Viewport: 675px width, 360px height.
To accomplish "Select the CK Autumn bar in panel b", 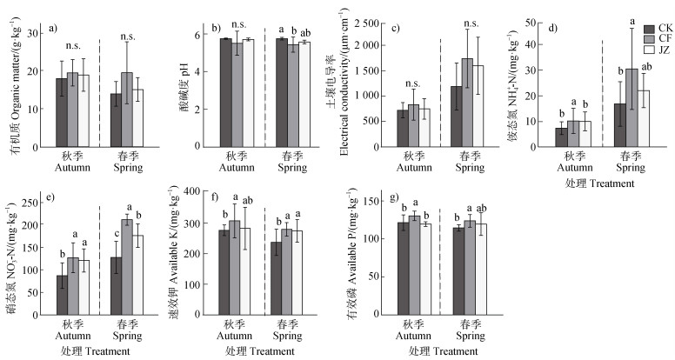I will coord(225,92).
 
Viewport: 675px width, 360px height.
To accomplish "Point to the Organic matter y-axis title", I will coord(13,88).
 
